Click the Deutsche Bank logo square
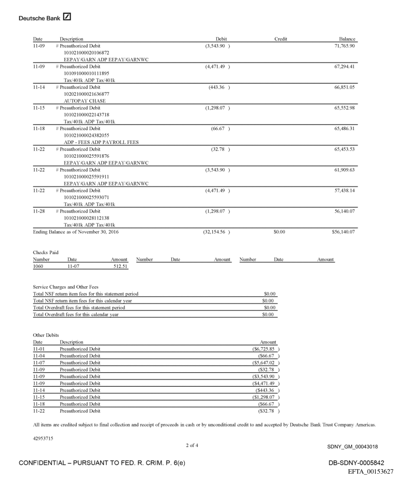click(67, 18)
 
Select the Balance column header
click(347, 39)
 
